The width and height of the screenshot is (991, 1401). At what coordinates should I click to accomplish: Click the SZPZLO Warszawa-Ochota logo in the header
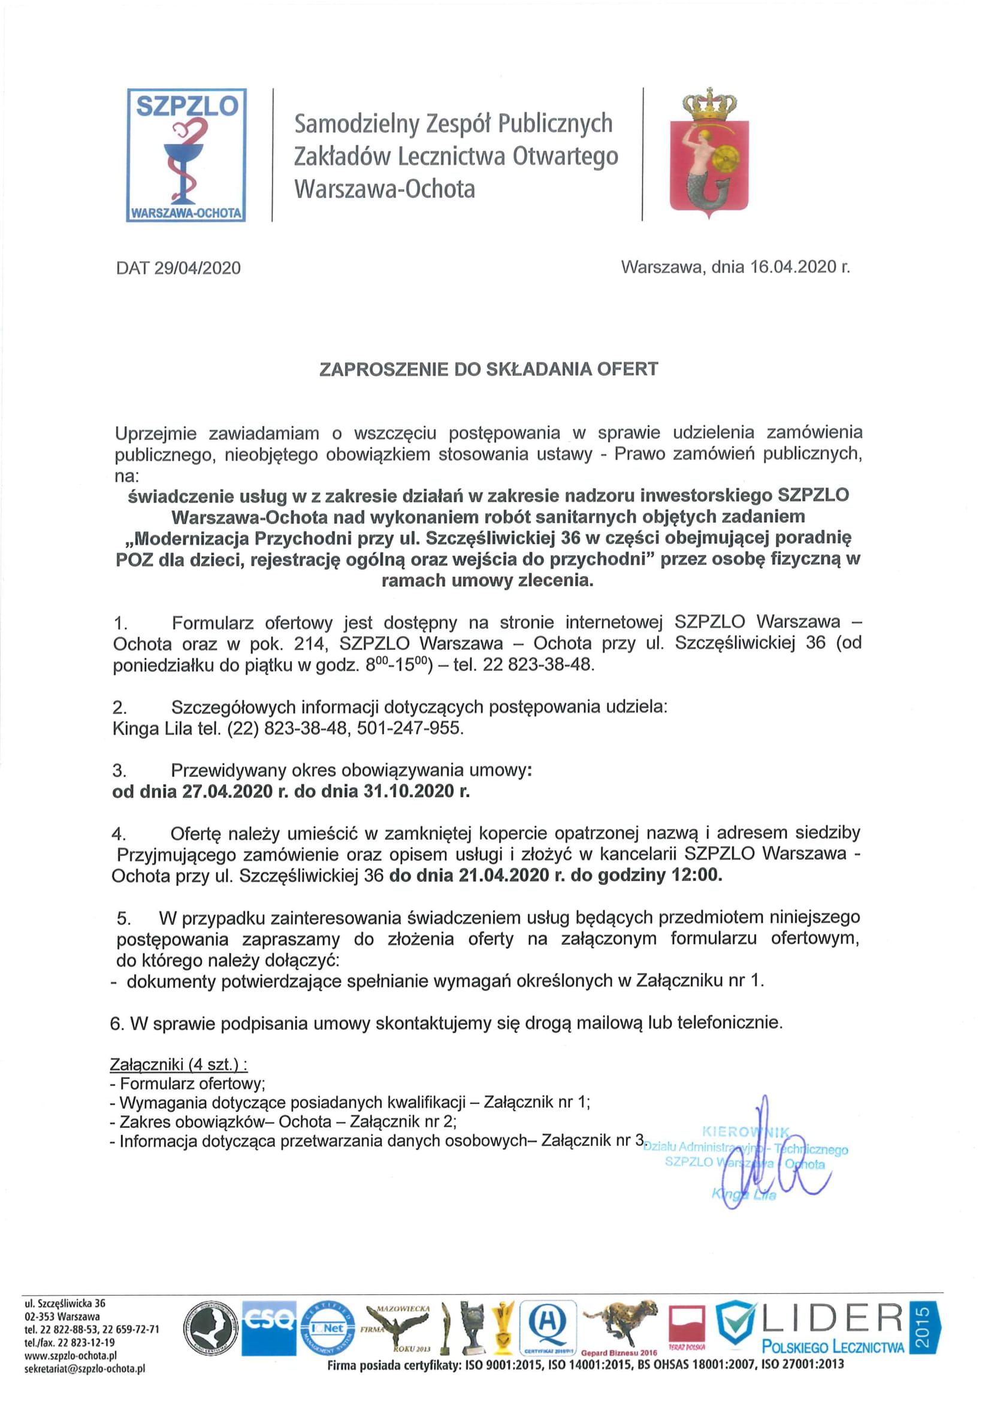[x=186, y=155]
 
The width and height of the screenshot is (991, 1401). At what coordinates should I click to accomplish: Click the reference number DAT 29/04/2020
[x=178, y=268]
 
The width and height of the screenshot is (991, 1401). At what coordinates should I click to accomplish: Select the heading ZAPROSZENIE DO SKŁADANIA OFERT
[x=489, y=369]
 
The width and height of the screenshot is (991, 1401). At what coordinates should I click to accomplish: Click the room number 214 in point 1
[x=309, y=644]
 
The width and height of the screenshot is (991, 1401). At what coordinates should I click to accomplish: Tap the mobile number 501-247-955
[x=409, y=728]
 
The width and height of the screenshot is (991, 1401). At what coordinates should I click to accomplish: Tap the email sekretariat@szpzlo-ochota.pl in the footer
[x=85, y=1369]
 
